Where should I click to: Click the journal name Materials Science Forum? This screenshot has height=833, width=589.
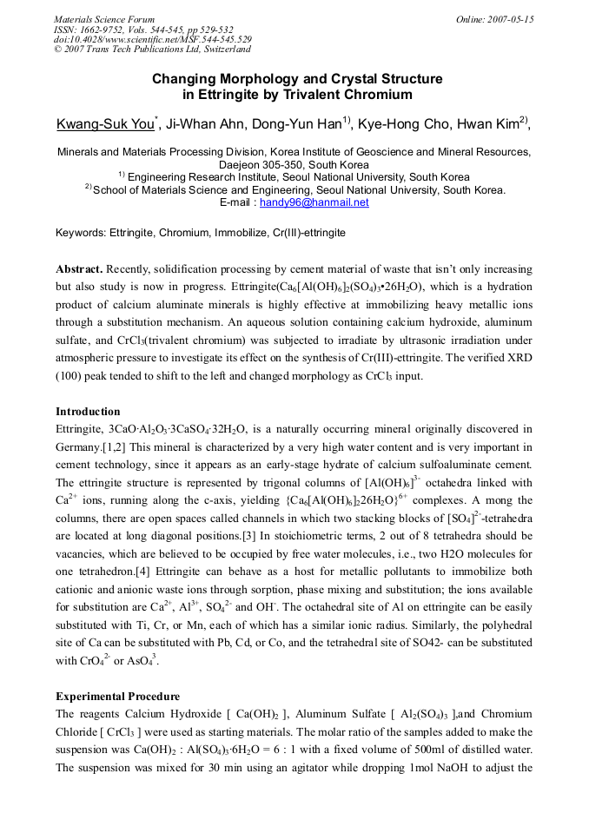click(104, 19)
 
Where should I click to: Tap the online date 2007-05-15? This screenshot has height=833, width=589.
click(509, 19)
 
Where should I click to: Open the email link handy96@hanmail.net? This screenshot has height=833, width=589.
click(314, 202)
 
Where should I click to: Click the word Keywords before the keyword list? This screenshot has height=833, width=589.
click(81, 233)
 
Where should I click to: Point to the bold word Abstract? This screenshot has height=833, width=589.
click(81, 270)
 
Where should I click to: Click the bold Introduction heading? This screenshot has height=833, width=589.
click(88, 411)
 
